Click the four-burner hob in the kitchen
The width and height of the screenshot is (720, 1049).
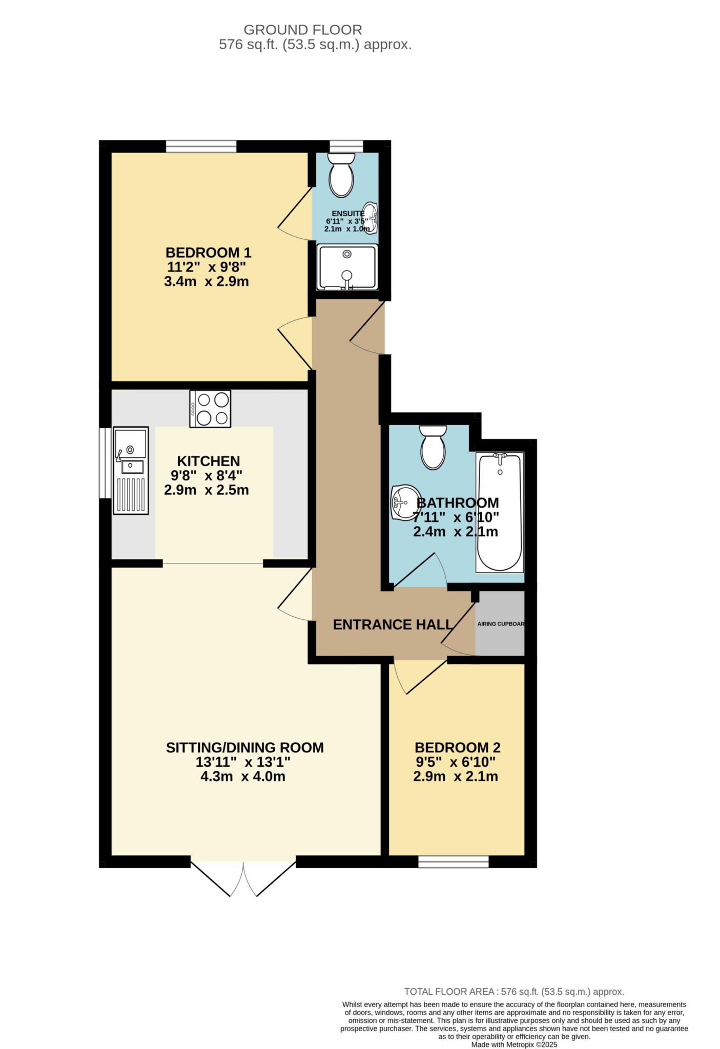210,408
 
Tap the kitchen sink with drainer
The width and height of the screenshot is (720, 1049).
131,470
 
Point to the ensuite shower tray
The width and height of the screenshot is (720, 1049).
347,267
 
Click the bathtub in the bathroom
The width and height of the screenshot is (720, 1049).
500,512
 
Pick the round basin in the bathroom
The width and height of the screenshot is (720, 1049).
403,502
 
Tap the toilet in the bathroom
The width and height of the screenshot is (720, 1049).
433,448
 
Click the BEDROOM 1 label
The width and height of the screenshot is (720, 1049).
208,253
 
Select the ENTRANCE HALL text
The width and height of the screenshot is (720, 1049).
393,624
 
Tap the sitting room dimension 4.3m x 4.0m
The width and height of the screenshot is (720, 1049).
243,777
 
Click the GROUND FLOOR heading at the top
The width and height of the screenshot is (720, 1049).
302,30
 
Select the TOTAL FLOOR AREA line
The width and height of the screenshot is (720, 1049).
514,992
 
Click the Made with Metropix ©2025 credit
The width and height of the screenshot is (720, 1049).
513,1044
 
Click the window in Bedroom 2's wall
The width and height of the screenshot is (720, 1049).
454,862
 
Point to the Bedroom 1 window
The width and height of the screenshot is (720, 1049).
201,146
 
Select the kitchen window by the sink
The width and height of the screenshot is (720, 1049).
105,463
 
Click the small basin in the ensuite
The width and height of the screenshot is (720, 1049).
371,218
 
